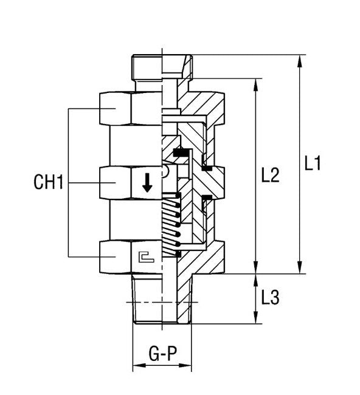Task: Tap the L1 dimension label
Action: (x=313, y=163)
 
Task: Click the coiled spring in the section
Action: (x=171, y=225)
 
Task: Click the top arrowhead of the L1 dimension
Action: (x=300, y=60)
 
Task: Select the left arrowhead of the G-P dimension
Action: (x=136, y=366)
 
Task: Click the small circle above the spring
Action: (x=165, y=174)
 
